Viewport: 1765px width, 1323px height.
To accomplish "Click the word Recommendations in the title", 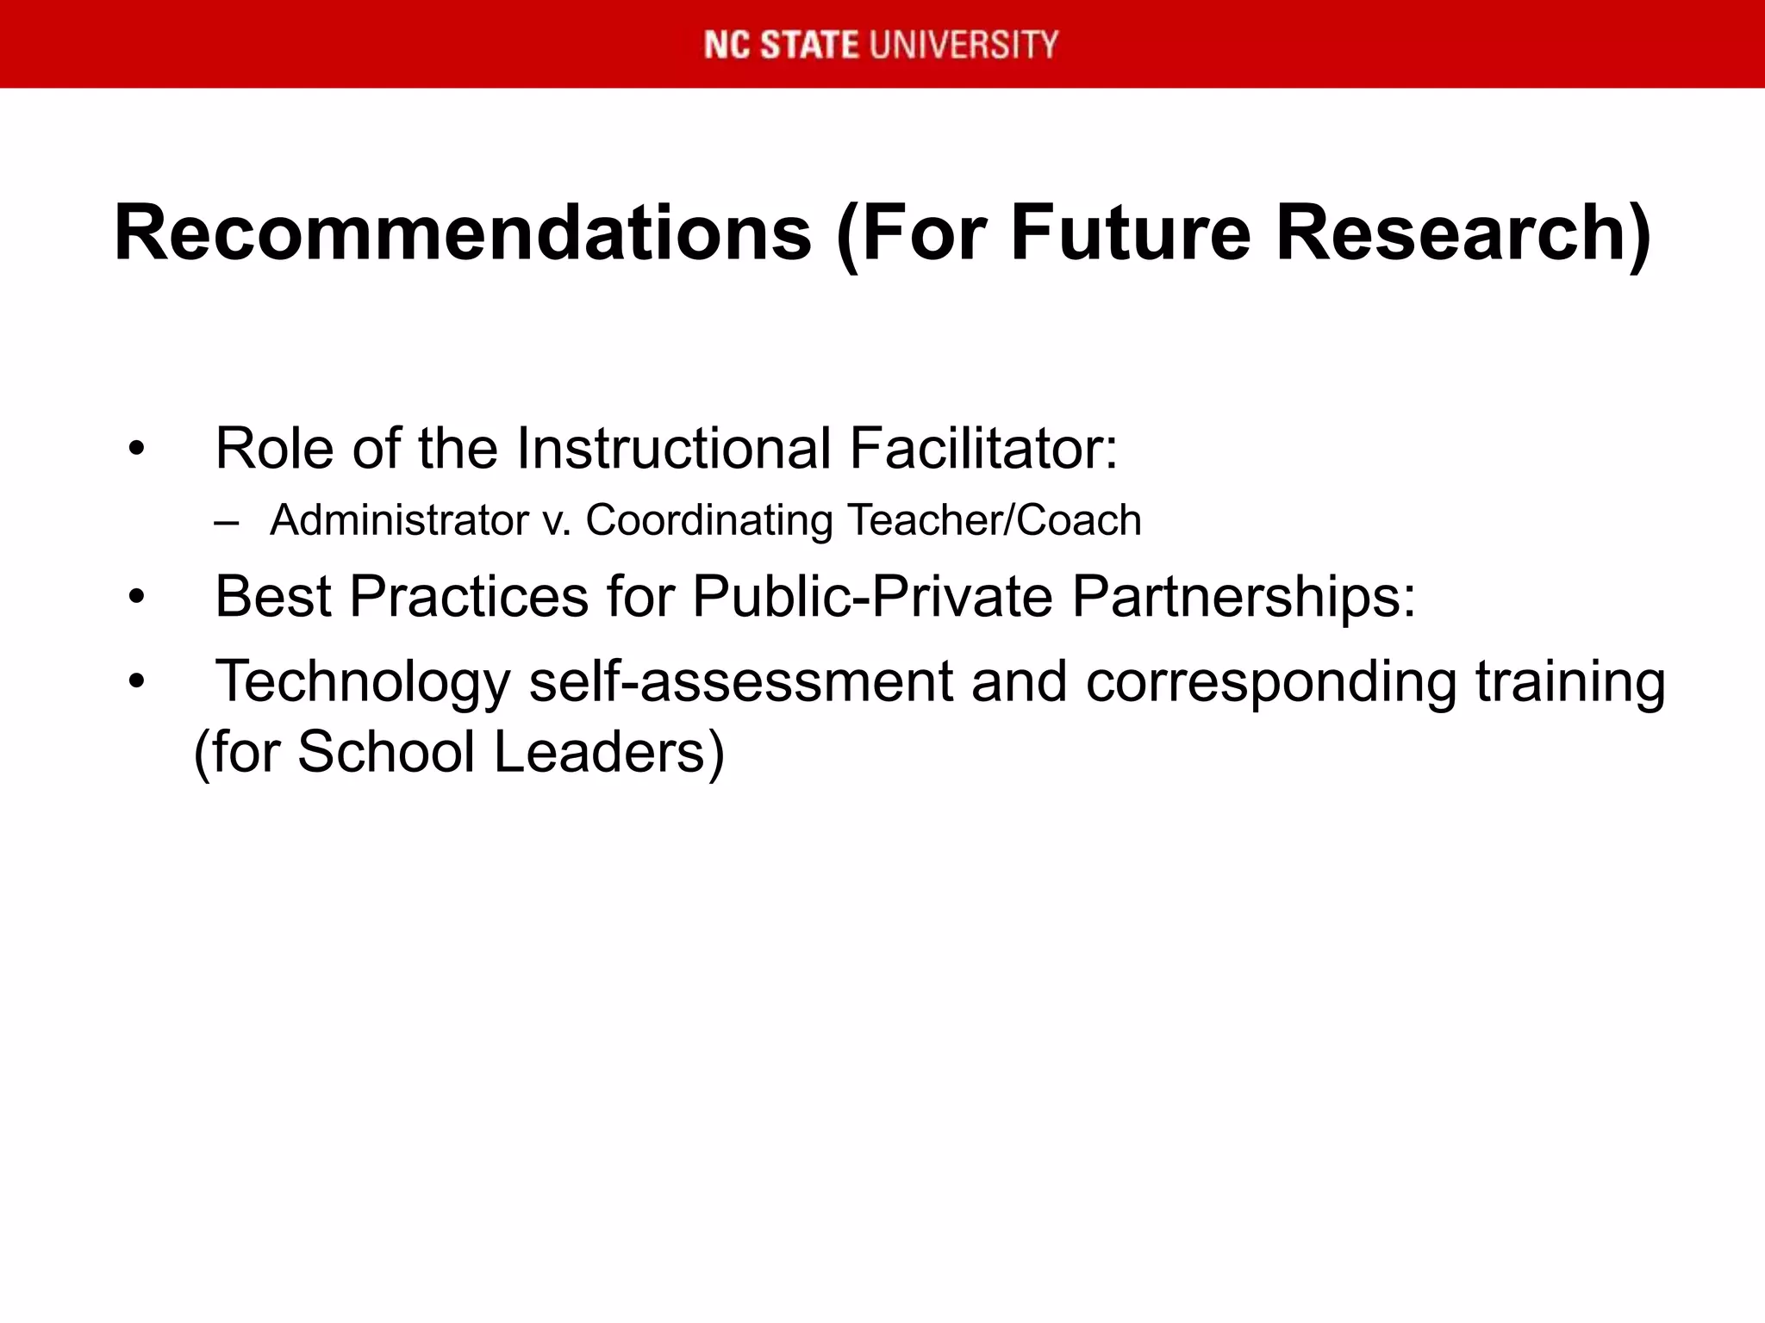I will coord(463,234).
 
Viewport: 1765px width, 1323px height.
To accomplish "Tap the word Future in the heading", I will coord(1129,234).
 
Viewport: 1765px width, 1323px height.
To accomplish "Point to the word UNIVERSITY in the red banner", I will coord(964,45).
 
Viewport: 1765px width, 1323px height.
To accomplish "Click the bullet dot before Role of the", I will coord(136,450).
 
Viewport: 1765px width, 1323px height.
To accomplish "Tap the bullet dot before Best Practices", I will coord(136,597).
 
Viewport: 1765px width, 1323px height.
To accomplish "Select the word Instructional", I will coord(673,449).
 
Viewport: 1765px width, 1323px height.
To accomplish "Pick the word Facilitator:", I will coord(983,449).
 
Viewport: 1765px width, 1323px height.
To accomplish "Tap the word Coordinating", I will coord(709,520).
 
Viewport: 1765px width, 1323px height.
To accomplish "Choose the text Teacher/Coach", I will coord(995,520).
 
